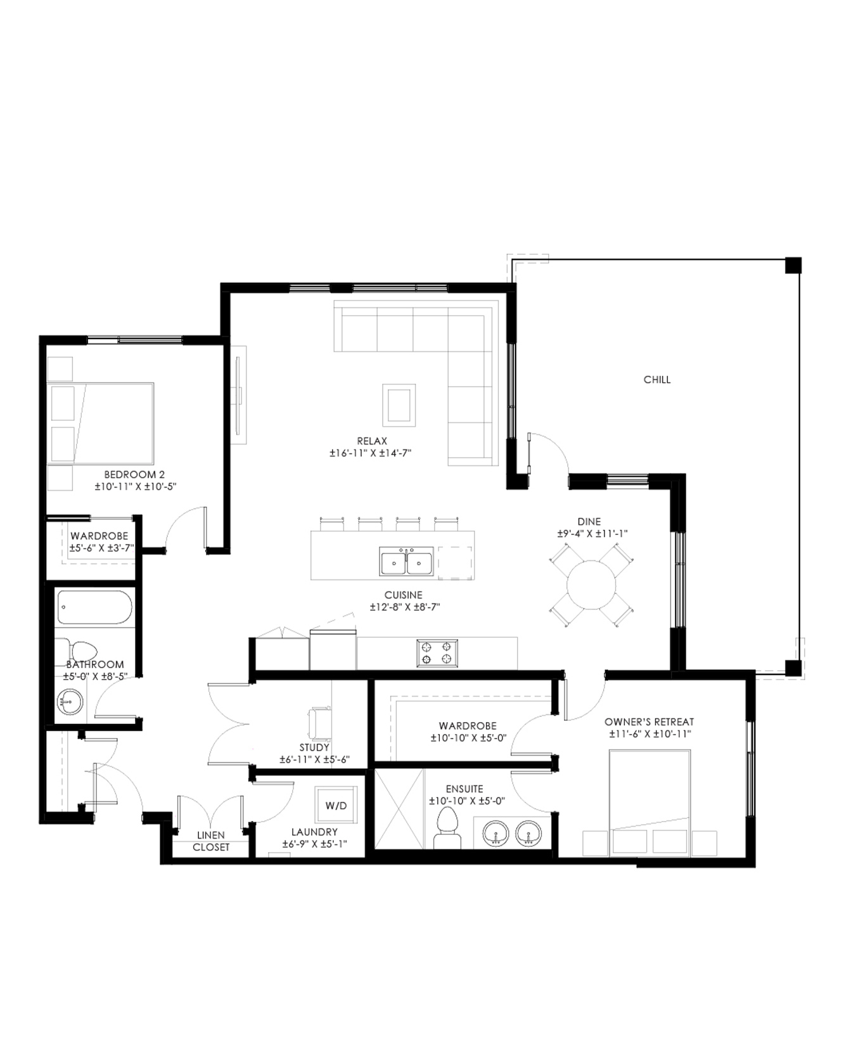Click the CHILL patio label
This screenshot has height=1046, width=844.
pyautogui.click(x=656, y=380)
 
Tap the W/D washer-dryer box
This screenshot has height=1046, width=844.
pyautogui.click(x=336, y=805)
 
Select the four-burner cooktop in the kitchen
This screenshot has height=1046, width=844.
pyautogui.click(x=437, y=653)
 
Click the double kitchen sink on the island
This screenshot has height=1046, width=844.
pyautogui.click(x=406, y=562)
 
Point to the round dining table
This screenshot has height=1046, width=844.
pyautogui.click(x=591, y=584)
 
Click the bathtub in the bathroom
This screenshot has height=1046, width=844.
pyautogui.click(x=95, y=607)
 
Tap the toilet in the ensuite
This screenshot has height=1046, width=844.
pyautogui.click(x=447, y=827)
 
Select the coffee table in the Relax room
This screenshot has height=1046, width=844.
pyautogui.click(x=399, y=404)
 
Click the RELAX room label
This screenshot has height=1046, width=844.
pyautogui.click(x=372, y=441)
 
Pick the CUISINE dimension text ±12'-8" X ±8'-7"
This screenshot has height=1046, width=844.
pyautogui.click(x=405, y=607)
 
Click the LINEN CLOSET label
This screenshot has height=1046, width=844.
pyautogui.click(x=211, y=841)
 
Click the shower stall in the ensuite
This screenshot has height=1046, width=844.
pyautogui.click(x=399, y=808)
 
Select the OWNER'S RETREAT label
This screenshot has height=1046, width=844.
pyautogui.click(x=649, y=722)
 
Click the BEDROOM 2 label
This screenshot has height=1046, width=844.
pyautogui.click(x=134, y=474)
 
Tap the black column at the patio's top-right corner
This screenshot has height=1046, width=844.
pyautogui.click(x=793, y=265)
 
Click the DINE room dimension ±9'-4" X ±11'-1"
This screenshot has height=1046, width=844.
pyautogui.click(x=589, y=534)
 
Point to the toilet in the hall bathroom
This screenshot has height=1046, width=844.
pyautogui.click(x=80, y=650)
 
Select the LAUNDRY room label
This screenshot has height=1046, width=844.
pyautogui.click(x=314, y=832)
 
